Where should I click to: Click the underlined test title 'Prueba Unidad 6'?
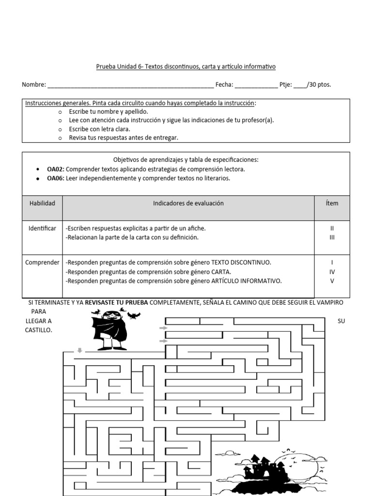coord(117,66)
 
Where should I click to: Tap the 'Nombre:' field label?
coord(34,85)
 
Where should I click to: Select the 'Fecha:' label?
coord(224,85)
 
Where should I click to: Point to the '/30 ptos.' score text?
coord(319,85)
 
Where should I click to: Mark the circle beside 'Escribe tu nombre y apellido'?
coord(60,112)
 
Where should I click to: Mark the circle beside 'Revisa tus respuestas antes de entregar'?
coord(60,138)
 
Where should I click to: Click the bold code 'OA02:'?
coord(56,169)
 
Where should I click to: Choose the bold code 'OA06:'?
coord(56,178)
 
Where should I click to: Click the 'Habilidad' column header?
coord(42,203)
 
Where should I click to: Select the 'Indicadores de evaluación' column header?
coord(188,203)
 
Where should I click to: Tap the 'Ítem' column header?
coord(332,203)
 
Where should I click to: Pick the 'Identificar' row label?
coord(42,228)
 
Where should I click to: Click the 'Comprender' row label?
coord(42,263)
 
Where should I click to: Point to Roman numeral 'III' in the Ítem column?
coord(332,237)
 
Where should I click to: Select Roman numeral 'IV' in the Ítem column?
coord(332,272)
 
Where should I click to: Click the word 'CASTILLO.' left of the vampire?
coord(38,330)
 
